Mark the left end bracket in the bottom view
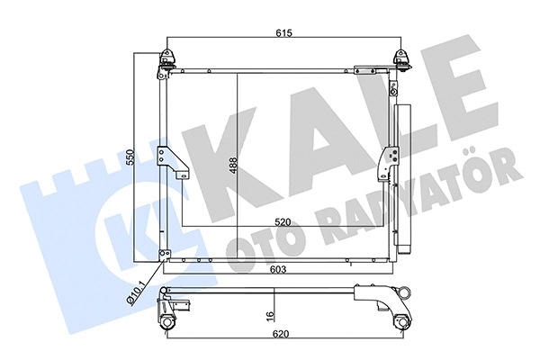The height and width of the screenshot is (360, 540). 168,311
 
